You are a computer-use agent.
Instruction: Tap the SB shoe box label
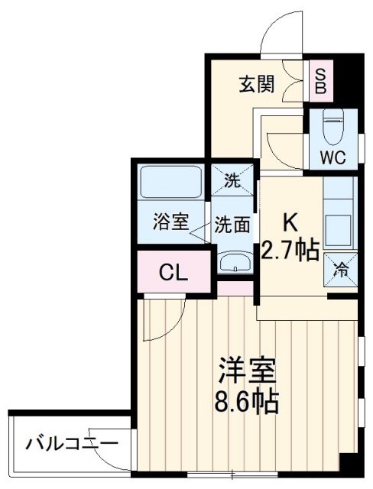coord(321,79)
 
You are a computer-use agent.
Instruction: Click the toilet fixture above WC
coord(334,128)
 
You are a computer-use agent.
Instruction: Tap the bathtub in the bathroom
coord(170,183)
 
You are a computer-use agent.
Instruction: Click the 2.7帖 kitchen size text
coord(290,250)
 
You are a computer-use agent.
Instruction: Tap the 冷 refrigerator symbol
coord(342,270)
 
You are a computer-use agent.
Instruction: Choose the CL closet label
coord(174,272)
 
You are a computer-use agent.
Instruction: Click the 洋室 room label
coord(245,371)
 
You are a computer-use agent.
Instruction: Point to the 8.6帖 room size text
coord(245,399)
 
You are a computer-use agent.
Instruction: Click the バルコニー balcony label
coord(71,443)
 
